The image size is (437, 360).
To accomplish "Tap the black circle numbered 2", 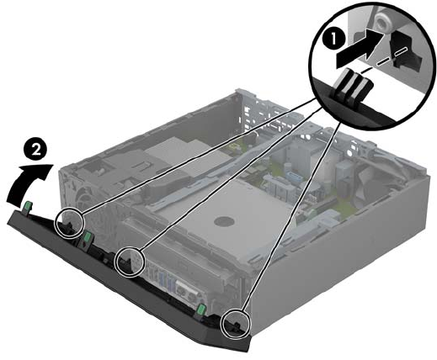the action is coord(35,151).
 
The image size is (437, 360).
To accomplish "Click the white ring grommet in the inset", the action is coord(382,23).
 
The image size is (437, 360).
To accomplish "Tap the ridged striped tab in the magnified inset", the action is coord(353,86).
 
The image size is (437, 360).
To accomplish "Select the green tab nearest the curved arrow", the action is coord(28,207).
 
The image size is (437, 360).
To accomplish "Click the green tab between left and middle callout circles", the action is coord(88,238).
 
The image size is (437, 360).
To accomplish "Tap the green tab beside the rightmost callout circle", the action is coord(201,310).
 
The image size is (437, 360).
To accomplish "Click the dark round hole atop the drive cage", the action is coord(224,222).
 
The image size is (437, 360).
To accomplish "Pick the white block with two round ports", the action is coord(187,294).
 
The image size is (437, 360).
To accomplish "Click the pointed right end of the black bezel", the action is coord(248,351).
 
